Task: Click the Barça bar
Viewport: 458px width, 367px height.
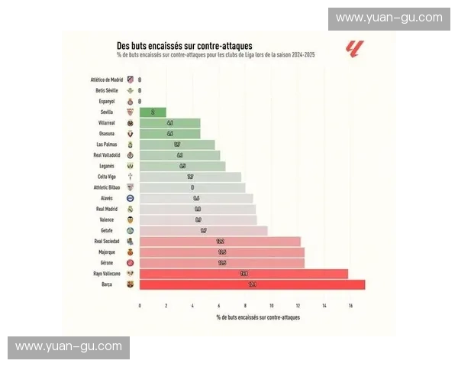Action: point(252,284)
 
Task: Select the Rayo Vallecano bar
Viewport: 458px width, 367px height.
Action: point(244,274)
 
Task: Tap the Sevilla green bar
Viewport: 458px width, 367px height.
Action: point(153,112)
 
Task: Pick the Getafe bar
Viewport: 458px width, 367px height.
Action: point(203,230)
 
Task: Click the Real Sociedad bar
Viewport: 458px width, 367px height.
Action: point(220,241)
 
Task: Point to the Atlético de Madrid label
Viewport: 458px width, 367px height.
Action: point(107,80)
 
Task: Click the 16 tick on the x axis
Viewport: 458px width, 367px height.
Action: point(350,306)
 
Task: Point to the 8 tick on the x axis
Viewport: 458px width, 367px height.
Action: point(245,306)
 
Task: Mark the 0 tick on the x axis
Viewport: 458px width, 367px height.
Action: point(140,306)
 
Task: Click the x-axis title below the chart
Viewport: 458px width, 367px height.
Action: point(258,317)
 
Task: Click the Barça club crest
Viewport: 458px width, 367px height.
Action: point(130,284)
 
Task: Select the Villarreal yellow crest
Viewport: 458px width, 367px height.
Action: point(130,122)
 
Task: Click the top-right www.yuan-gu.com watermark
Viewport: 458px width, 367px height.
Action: point(389,18)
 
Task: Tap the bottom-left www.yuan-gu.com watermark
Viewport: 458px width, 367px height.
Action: point(69,346)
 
